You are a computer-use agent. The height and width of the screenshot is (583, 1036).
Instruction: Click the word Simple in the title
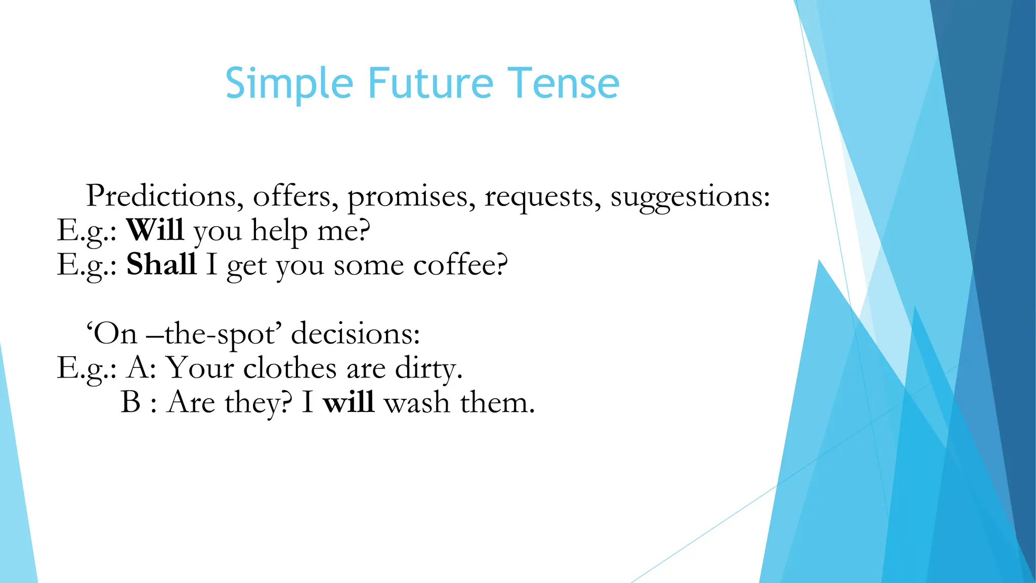[x=289, y=84]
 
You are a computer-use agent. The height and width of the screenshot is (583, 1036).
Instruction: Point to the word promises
[x=411, y=197]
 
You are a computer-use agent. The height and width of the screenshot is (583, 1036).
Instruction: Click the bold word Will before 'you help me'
[x=155, y=230]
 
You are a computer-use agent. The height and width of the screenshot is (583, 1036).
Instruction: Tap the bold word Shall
[x=161, y=264]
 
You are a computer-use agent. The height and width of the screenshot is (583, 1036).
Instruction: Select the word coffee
[x=459, y=265]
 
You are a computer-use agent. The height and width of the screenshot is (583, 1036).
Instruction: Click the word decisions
[x=355, y=334]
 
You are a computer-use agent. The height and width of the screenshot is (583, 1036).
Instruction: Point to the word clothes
[x=289, y=368]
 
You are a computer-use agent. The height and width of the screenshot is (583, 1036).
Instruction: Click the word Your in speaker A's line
[x=200, y=368]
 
